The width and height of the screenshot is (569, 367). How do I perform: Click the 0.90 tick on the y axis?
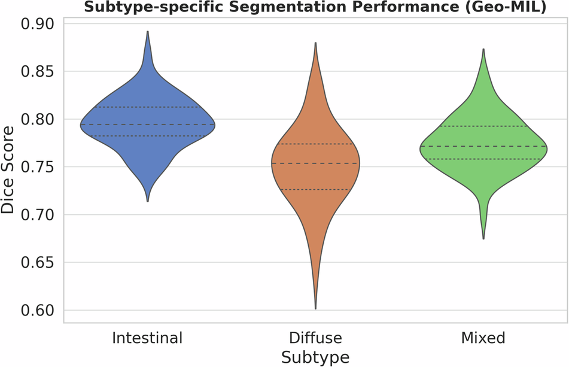pyautogui.click(x=36, y=24)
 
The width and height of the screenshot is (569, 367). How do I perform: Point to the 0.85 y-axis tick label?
pyautogui.click(x=36, y=72)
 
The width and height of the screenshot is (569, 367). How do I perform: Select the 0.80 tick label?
pyautogui.click(x=36, y=120)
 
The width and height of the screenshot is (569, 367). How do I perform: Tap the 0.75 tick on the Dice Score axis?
pyautogui.click(x=36, y=167)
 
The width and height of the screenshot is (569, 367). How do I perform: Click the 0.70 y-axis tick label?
pyautogui.click(x=36, y=215)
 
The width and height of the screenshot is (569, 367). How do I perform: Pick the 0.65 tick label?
pyautogui.click(x=36, y=263)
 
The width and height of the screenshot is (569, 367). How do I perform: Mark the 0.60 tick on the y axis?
pyautogui.click(x=36, y=311)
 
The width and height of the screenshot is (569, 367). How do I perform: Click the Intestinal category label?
pyautogui.click(x=147, y=338)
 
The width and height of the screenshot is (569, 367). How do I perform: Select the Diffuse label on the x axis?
pyautogui.click(x=315, y=338)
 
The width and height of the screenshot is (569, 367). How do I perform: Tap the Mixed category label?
pyautogui.click(x=483, y=338)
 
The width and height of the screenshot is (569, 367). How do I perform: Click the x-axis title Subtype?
pyautogui.click(x=315, y=357)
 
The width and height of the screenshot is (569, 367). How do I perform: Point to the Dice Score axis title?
pyautogui.click(x=8, y=170)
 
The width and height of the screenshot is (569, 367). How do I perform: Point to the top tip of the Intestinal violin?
pyautogui.click(x=147, y=32)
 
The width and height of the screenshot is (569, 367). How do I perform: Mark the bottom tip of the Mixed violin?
pyautogui.click(x=483, y=239)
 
